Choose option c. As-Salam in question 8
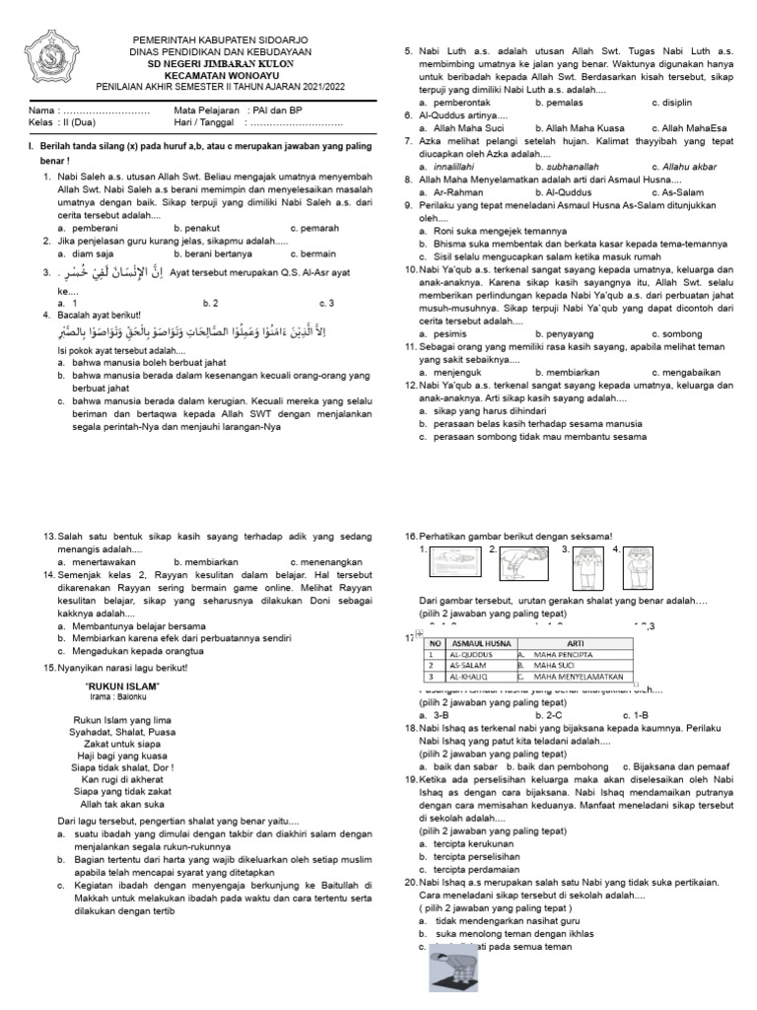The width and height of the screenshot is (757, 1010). (681, 192)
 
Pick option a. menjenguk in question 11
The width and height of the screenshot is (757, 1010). (453, 372)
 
